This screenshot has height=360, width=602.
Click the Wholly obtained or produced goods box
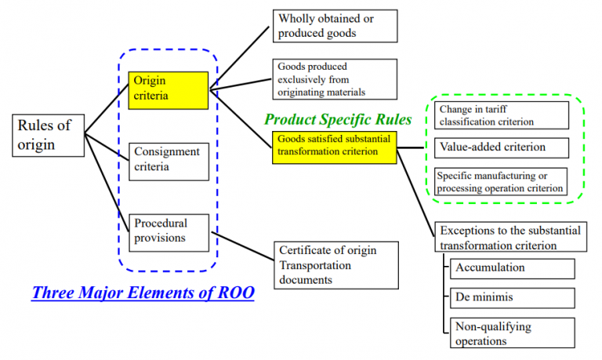pyautogui.click(x=336, y=25)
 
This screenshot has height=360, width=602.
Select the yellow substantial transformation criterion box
pyautogui.click(x=335, y=147)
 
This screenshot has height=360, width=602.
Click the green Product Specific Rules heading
pyautogui.click(x=338, y=119)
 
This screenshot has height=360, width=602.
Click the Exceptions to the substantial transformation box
pyautogui.click(x=510, y=237)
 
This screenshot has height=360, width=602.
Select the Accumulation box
pyautogui.click(x=513, y=268)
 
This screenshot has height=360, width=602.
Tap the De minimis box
pyautogui.click(x=513, y=299)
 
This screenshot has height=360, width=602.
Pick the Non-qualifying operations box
pyautogui.click(x=513, y=333)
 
